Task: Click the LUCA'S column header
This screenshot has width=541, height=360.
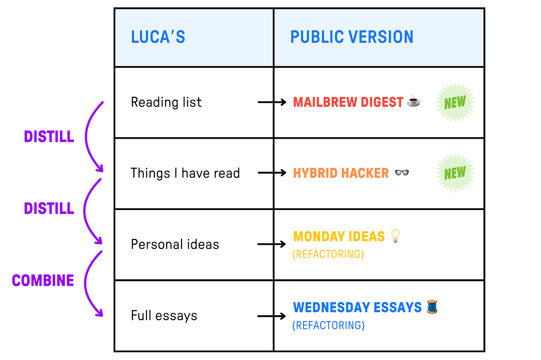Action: tap(158, 37)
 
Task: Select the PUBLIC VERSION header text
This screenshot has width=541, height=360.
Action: tap(352, 37)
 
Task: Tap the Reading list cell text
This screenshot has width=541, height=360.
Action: tap(166, 102)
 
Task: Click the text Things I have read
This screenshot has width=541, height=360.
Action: tap(185, 173)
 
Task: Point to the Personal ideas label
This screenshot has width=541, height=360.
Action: tap(175, 244)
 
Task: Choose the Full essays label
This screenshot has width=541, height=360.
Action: tap(164, 315)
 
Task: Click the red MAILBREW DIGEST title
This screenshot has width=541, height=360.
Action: tap(348, 102)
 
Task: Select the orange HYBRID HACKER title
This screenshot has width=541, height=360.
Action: tap(341, 173)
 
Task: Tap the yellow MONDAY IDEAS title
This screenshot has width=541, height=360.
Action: tap(339, 237)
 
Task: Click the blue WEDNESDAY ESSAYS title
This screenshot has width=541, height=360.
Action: tap(358, 308)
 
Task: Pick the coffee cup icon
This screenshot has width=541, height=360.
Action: tap(414, 102)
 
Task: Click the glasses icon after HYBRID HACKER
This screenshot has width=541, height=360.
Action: tap(402, 173)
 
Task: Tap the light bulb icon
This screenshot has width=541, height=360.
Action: tap(395, 236)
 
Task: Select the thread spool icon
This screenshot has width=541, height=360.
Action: tap(432, 307)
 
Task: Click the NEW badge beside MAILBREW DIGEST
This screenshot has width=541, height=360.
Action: tap(455, 102)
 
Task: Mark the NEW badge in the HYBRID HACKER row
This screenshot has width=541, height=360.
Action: tap(455, 173)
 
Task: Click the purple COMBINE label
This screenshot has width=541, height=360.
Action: tap(43, 280)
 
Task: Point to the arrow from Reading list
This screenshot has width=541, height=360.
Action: tap(272, 102)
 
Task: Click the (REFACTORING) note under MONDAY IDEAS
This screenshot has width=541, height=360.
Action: tap(328, 254)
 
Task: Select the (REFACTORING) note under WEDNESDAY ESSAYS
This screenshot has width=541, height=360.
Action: tap(328, 326)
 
